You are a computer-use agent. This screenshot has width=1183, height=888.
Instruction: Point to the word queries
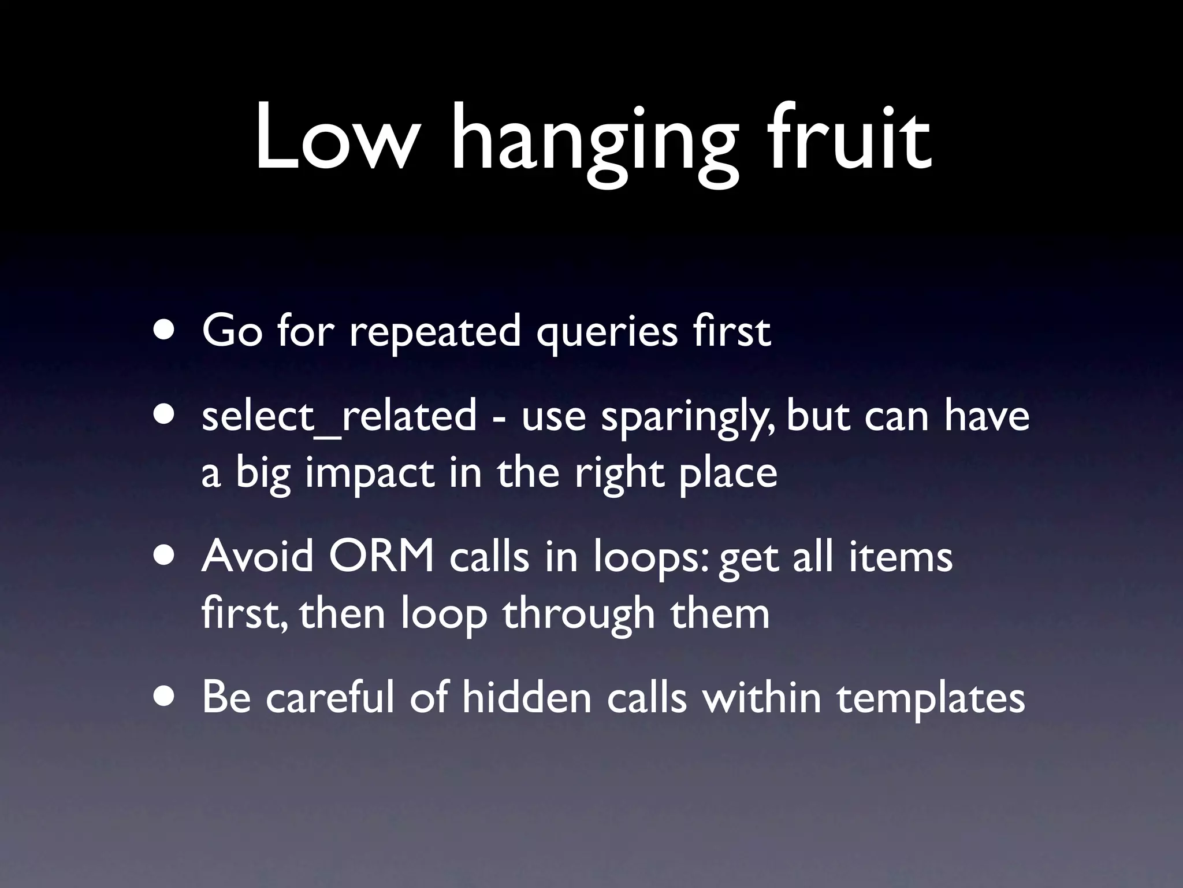tap(607, 334)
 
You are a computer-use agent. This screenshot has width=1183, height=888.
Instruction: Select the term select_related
tap(340, 416)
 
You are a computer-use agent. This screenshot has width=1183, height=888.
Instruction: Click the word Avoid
tap(258, 556)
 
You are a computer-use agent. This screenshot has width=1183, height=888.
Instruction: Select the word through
tap(579, 615)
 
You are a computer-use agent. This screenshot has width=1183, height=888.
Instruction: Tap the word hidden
tap(527, 697)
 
